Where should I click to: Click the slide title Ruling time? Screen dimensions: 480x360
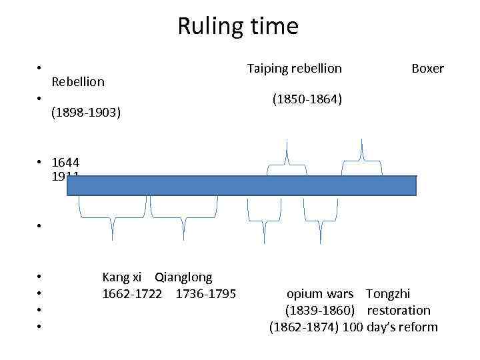coord(238,27)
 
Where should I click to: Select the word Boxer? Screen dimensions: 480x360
coord(427,68)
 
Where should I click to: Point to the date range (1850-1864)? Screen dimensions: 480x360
coord(307,99)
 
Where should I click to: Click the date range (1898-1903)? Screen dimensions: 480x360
coord(86,112)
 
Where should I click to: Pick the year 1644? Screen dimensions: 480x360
coord(65,163)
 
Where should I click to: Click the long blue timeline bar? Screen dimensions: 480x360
coord(241,185)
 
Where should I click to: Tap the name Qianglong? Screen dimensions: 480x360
coord(183,277)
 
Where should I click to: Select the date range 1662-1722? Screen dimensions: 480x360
coord(131,293)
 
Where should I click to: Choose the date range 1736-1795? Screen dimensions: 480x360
coord(205,293)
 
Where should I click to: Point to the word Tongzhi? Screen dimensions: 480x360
coord(388,293)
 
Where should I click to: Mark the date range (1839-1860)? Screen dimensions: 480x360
coord(319,310)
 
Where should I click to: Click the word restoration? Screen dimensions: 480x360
coord(399,310)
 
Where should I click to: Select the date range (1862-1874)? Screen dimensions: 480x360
coord(304,327)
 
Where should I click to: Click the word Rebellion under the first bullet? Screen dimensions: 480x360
coord(77,81)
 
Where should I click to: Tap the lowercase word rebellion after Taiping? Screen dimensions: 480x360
coord(316,68)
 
